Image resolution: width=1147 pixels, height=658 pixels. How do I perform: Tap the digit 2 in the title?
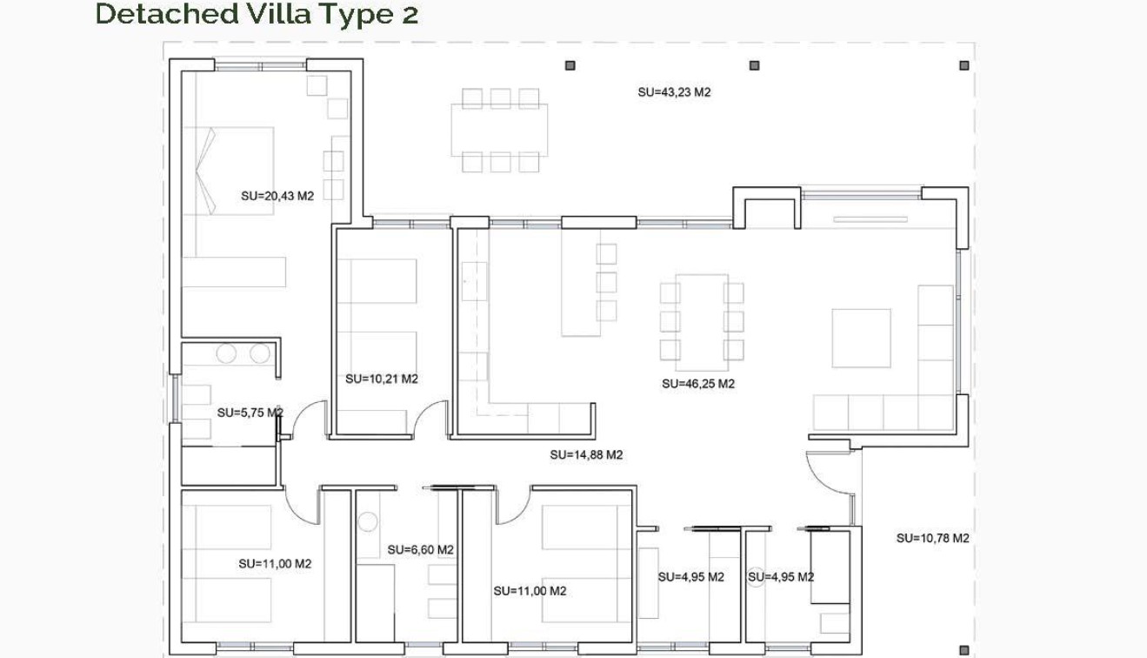click(410, 15)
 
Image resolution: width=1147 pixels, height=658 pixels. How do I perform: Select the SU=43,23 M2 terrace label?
click(674, 91)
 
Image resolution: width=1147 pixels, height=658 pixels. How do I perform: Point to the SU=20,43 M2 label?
click(277, 196)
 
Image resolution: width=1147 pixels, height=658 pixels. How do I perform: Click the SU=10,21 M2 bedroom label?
click(382, 379)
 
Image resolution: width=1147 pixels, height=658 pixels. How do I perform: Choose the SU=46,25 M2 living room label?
click(697, 383)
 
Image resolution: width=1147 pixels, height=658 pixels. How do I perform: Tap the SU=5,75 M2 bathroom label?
click(250, 412)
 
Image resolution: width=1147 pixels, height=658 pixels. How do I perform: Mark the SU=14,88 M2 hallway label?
click(586, 454)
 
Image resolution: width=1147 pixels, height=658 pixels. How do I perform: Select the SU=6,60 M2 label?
click(421, 549)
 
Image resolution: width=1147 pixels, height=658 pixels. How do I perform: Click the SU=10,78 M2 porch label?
click(932, 538)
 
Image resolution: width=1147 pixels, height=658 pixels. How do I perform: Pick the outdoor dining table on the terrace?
click(499, 130)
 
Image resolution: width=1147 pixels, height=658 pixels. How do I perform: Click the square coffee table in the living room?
click(861, 338)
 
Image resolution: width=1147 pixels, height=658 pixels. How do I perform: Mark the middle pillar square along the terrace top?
click(754, 65)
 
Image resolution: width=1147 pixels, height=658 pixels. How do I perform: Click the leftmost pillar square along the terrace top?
click(570, 65)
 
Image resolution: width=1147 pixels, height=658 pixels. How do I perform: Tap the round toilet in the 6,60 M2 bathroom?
click(368, 522)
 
